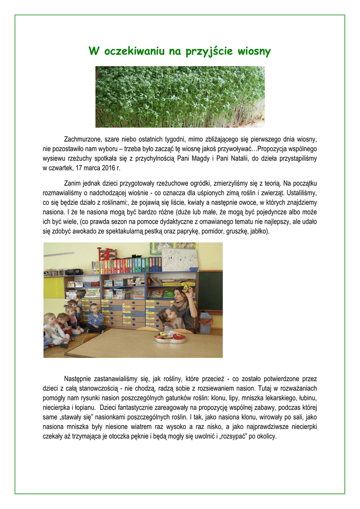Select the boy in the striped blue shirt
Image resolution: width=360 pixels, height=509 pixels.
click(x=95, y=318)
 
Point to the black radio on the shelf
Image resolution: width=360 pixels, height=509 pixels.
click(x=74, y=271)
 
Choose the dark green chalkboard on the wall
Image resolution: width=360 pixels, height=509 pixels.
click(x=210, y=290)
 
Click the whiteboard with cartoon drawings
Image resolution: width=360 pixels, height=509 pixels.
click(x=180, y=259)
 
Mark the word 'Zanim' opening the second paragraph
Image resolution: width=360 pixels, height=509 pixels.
click(x=73, y=184)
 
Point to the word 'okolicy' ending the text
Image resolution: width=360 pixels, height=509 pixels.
click(x=265, y=436)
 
